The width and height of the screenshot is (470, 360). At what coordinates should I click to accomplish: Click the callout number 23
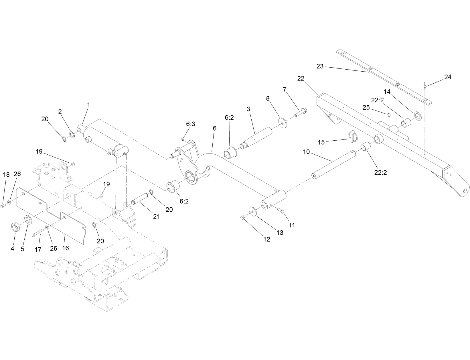click(320, 66)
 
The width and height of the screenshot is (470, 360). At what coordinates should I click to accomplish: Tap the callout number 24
click(448, 77)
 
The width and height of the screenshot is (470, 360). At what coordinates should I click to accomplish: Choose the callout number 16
click(66, 248)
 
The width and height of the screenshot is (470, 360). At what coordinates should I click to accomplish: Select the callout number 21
click(156, 217)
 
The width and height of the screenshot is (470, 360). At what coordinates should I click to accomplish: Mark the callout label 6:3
click(191, 124)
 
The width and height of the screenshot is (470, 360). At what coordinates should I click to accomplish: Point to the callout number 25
click(366, 108)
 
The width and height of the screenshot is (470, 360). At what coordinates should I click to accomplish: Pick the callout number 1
click(88, 105)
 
